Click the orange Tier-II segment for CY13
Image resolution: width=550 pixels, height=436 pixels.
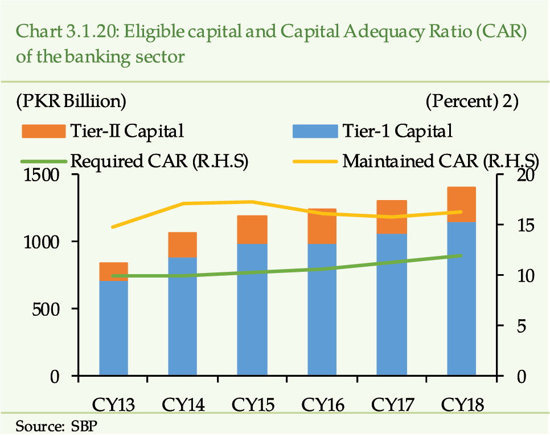click(114, 272)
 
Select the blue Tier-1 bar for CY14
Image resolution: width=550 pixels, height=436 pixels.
click(183, 316)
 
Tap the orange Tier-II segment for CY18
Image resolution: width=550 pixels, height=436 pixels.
click(461, 204)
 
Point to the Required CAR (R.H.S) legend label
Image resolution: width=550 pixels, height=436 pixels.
click(159, 161)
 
